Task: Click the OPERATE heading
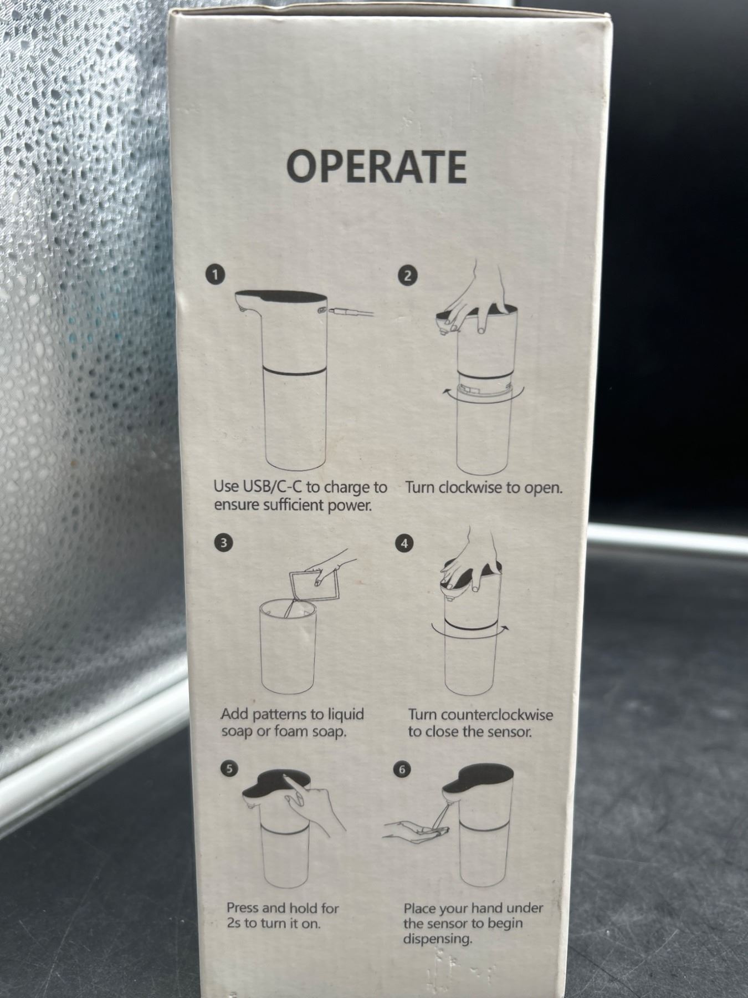[x=376, y=167]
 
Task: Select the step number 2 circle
[x=408, y=276]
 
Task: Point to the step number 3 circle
[x=223, y=543]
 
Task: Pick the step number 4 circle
[x=404, y=544]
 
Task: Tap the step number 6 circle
[x=402, y=770]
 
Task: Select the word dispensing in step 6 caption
[x=437, y=939]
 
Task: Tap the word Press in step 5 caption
[x=242, y=908]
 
